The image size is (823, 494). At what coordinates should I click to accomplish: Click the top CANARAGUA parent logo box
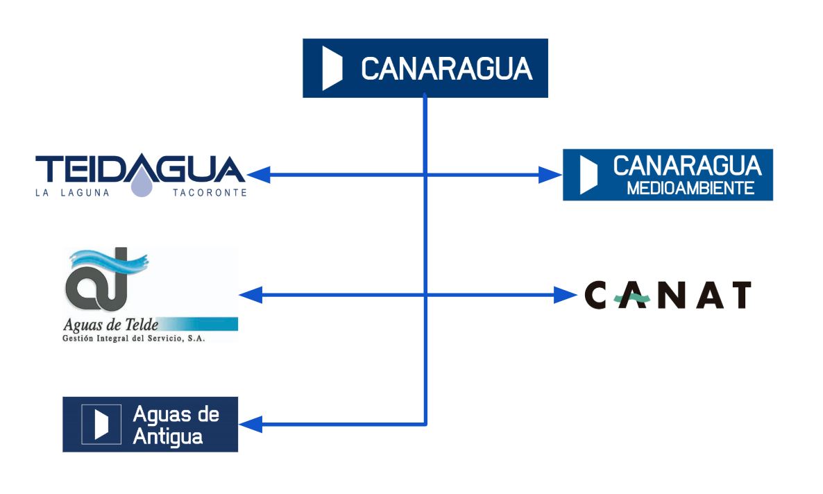pyautogui.click(x=425, y=68)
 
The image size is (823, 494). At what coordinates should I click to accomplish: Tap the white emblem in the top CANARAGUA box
pyautogui.click(x=332, y=69)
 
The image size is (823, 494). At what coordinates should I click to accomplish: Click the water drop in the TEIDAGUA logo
pyautogui.click(x=142, y=185)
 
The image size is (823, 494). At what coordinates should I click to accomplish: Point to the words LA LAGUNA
pyautogui.click(x=73, y=193)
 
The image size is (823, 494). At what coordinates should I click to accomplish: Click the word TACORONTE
pyautogui.click(x=210, y=193)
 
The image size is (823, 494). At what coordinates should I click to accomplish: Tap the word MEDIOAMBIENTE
pyautogui.click(x=690, y=188)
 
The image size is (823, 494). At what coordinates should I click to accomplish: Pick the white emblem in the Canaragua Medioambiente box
pyautogui.click(x=588, y=175)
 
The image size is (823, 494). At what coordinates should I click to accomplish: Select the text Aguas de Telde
pyautogui.click(x=111, y=324)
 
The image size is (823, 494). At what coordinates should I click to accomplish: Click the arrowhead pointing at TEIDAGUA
pyautogui.click(x=258, y=175)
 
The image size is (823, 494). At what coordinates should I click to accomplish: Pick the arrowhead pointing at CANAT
pyautogui.click(x=566, y=296)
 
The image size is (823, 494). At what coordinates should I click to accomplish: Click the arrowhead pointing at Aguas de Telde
pyautogui.click(x=251, y=296)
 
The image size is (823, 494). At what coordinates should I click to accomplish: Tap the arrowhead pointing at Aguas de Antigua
pyautogui.click(x=251, y=423)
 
